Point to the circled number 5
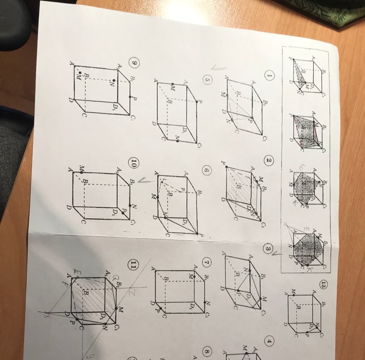coord(206,81)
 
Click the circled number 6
coord(207,171)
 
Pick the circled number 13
coord(323,285)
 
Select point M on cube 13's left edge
coord(294,292)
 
